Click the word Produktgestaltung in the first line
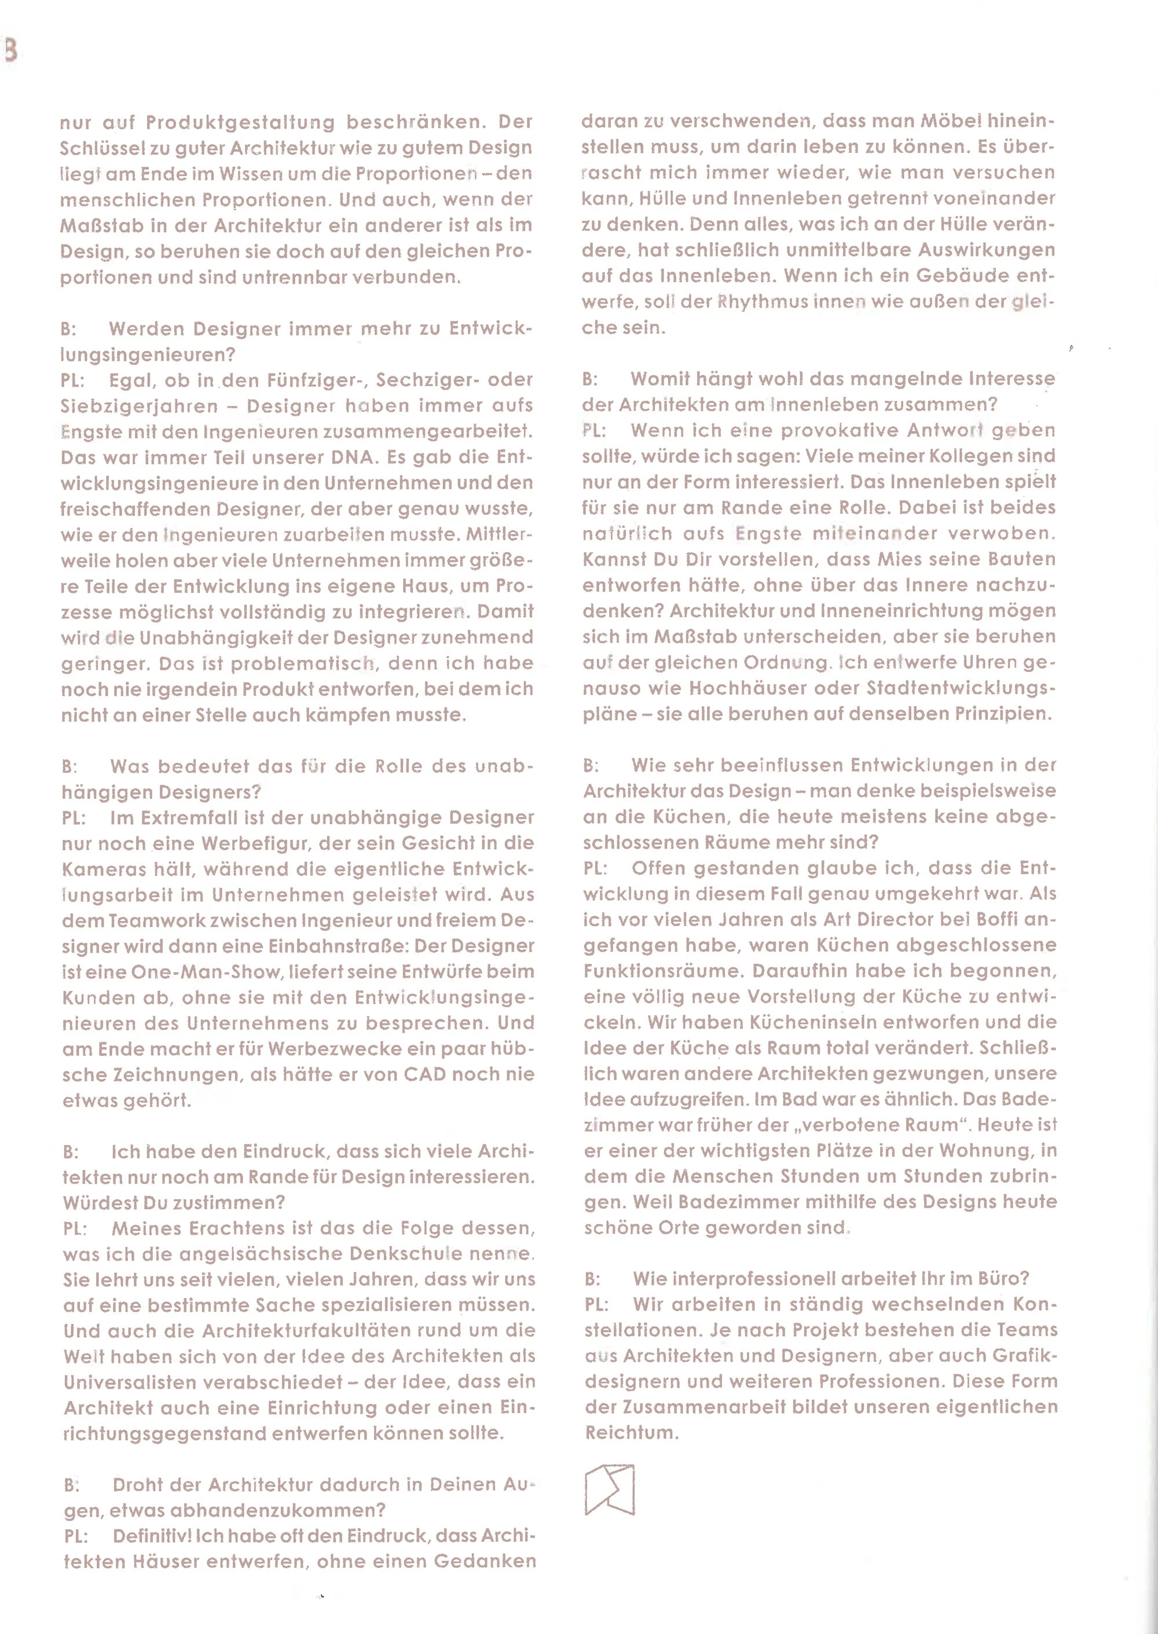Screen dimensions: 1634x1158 240,122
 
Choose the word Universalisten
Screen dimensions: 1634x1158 129,1382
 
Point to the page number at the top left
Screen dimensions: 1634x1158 10,49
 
